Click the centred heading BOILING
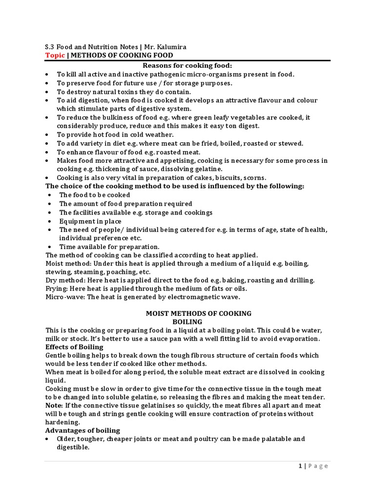pos(188,322)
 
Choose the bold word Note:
pos(54,405)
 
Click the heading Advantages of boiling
pos(83,431)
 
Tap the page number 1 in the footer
pos(300,466)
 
